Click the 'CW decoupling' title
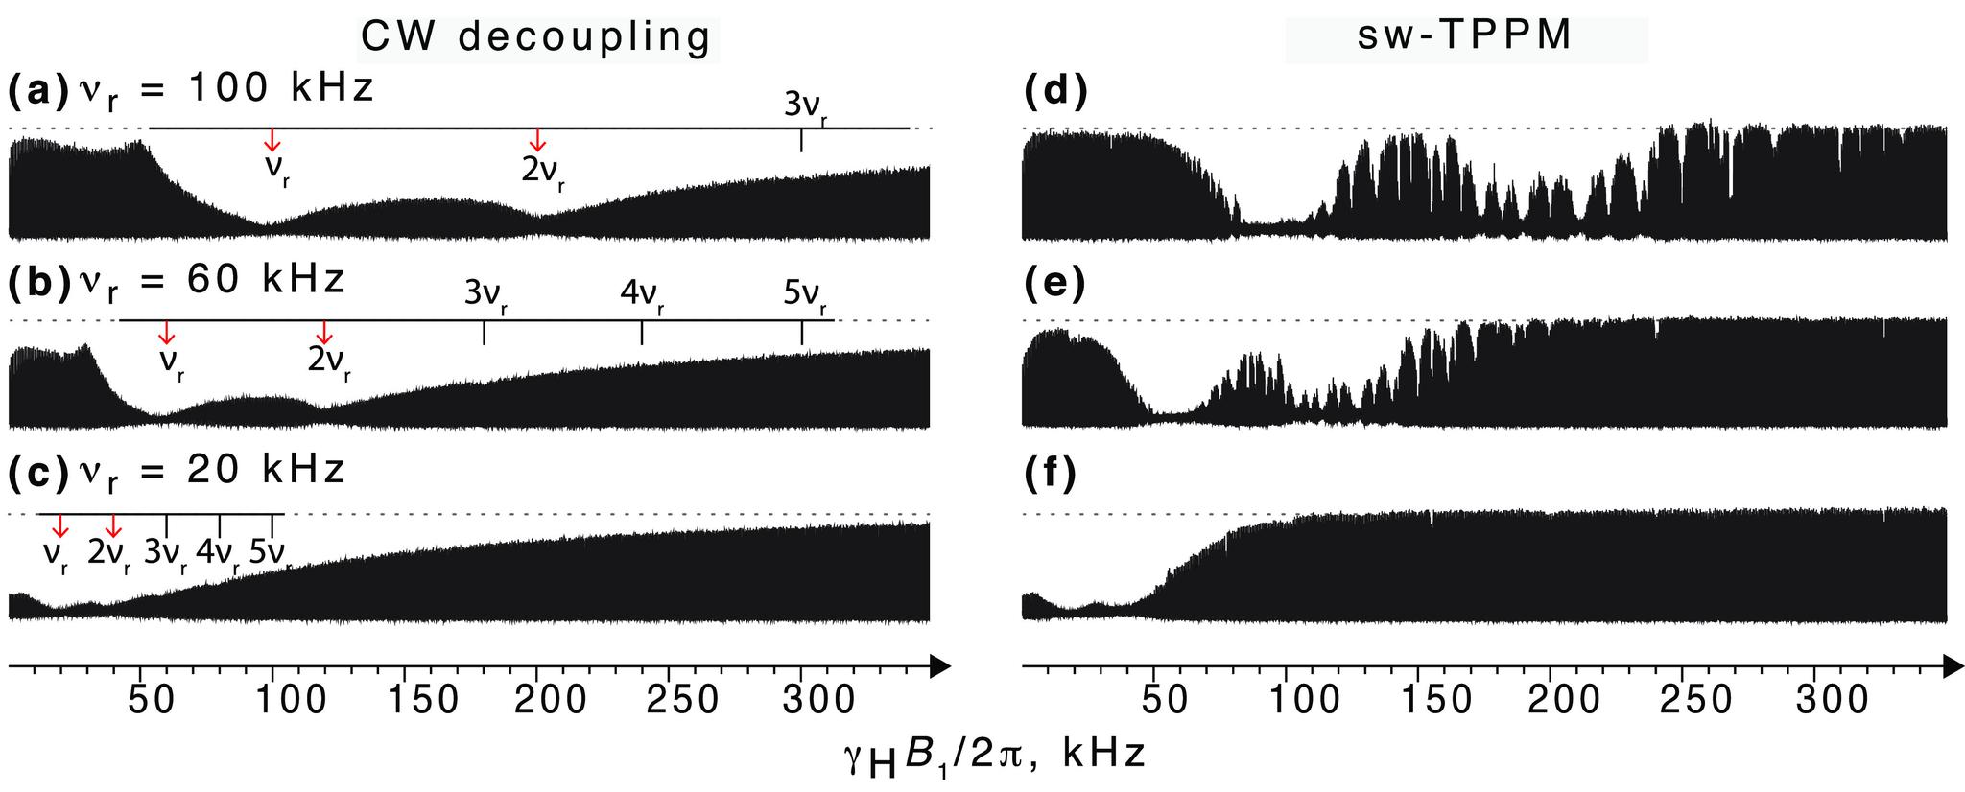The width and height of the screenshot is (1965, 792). (537, 36)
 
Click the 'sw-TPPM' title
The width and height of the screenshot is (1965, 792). (1465, 36)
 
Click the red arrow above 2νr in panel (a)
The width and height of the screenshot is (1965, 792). (538, 140)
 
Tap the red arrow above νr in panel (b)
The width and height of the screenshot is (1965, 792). (167, 333)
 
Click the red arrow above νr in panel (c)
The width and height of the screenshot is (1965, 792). (60, 525)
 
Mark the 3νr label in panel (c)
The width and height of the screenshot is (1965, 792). (165, 555)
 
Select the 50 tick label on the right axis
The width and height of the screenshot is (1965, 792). (1166, 701)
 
